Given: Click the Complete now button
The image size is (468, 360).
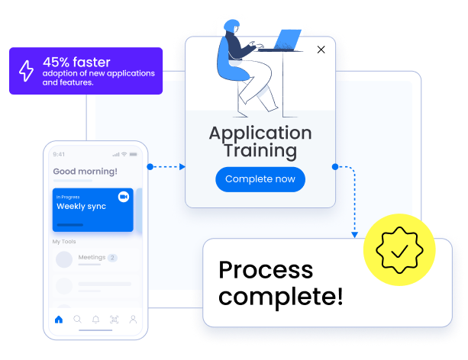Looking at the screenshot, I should click(260, 179).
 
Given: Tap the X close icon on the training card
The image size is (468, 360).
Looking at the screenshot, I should click(321, 50).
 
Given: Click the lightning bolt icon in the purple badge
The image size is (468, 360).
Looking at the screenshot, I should click(26, 71).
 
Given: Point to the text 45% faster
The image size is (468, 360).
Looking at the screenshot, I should click(76, 62).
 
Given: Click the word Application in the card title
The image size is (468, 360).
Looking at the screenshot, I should click(260, 133).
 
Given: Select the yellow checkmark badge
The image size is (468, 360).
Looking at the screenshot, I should click(399, 249).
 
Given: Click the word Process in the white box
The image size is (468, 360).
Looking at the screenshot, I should click(265, 270).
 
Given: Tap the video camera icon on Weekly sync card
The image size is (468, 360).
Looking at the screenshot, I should click(123, 197).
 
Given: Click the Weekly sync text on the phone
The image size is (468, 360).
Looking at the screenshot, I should click(81, 207).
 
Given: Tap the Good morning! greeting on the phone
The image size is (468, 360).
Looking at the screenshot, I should click(85, 172).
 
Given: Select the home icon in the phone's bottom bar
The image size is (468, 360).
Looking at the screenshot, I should click(59, 320).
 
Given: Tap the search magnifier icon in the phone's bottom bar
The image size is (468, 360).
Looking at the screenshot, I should click(77, 320).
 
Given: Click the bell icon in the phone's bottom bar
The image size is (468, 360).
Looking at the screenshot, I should click(96, 320).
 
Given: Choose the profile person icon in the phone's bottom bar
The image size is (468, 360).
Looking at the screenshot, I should click(133, 320).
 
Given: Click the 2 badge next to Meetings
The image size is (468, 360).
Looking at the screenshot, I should click(112, 258).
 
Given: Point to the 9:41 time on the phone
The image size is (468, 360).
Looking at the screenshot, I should click(60, 154).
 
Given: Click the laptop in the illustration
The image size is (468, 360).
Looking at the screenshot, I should click(287, 39).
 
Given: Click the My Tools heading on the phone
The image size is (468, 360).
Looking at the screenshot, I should click(64, 242).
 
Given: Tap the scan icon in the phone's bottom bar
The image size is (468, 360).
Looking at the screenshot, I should click(115, 320).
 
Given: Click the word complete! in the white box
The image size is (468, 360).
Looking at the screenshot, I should click(280, 296).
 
